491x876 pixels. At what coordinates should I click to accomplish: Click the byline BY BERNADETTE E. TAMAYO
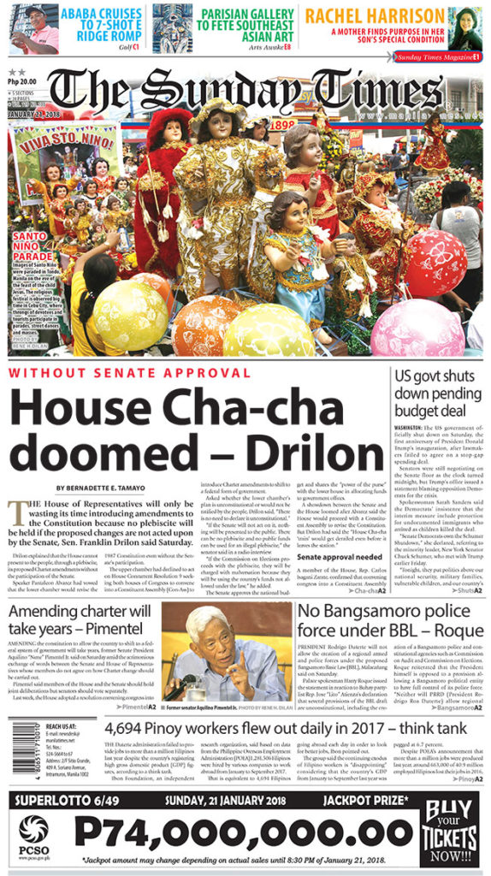click(102, 488)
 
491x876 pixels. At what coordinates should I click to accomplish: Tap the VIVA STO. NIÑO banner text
click(65, 138)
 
